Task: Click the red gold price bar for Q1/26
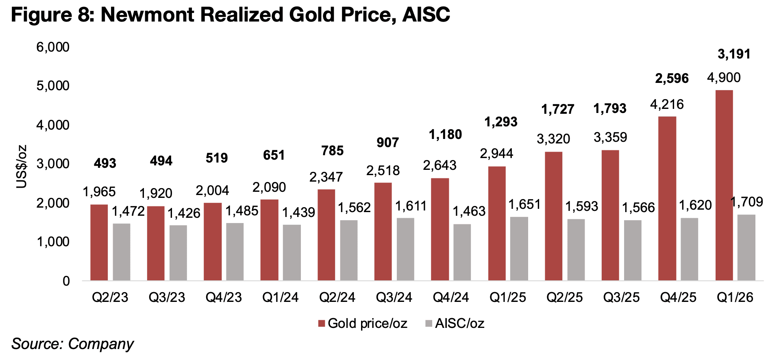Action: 724,185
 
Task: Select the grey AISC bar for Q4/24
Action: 462,252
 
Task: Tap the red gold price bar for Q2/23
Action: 99,242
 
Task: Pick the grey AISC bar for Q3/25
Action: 633,250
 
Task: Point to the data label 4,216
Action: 667,104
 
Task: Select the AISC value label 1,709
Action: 746,202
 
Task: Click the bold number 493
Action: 105,163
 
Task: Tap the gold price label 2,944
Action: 496,154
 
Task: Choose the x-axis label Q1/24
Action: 280,297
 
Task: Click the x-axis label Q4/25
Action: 678,297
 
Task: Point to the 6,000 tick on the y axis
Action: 53,47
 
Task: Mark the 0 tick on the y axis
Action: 66,281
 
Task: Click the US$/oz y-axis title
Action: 22,167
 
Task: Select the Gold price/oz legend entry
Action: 363,323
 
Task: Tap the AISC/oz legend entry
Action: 455,323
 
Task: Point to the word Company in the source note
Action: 101,344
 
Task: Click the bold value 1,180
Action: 445,134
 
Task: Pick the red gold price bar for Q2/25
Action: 553,216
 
